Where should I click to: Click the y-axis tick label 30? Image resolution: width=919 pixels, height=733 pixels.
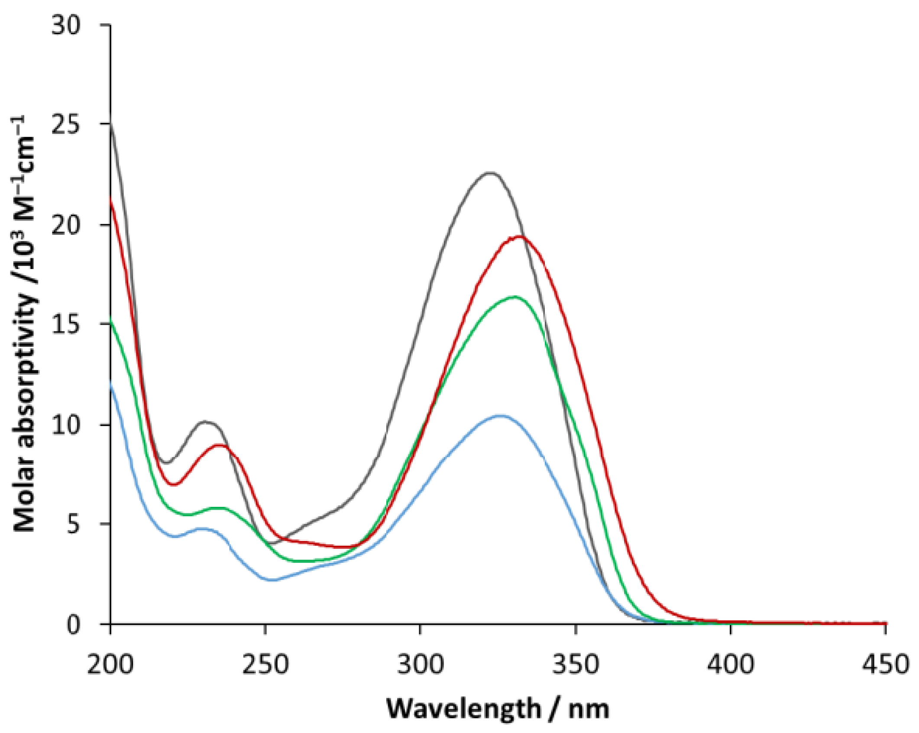tap(66, 26)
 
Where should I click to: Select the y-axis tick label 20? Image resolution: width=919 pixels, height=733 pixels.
tap(66, 225)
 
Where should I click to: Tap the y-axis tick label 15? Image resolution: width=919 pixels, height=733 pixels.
tap(66, 324)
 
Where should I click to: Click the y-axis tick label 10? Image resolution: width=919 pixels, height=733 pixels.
tap(66, 425)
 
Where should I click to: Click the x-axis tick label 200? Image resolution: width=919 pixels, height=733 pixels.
tap(110, 664)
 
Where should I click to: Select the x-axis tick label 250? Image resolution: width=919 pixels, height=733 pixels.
tap(265, 664)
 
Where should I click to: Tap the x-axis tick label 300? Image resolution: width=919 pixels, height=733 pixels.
tap(420, 664)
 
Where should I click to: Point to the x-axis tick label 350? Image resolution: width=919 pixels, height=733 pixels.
tap(575, 664)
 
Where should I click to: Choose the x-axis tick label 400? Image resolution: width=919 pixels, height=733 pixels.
tap(731, 664)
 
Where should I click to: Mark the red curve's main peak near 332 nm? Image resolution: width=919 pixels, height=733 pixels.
tap(520, 237)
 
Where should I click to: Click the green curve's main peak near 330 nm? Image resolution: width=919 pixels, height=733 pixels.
tap(515, 297)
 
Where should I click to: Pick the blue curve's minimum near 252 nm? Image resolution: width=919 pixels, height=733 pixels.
tap(272, 580)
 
